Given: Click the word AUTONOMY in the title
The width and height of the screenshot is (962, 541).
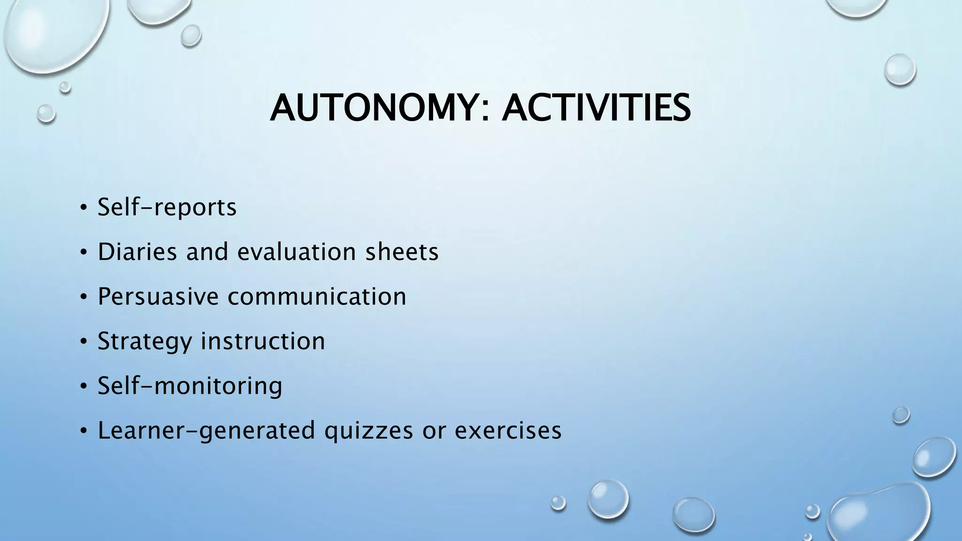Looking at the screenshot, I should pos(373,108).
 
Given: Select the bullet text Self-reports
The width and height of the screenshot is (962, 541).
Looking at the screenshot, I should pos(167,207).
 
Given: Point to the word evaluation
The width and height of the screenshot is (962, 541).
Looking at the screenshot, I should pos(296,252).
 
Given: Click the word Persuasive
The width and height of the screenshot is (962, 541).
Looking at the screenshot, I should pos(158,296).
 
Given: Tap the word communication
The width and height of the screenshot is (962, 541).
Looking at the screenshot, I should pos(317,296).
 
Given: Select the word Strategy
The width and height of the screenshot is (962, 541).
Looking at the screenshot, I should pos(145,341).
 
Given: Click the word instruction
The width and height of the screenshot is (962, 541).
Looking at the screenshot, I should pos(263,341).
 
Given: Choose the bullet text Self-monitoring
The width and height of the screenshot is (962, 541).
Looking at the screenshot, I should pos(190,386).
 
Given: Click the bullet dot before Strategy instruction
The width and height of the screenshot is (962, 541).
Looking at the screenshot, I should pos(83,342).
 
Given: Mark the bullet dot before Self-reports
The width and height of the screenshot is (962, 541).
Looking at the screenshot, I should pos(83,208).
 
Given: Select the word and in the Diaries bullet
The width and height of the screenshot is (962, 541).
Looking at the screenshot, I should pos(207,252).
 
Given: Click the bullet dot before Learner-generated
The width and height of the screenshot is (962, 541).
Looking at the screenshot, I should pos(83,431).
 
